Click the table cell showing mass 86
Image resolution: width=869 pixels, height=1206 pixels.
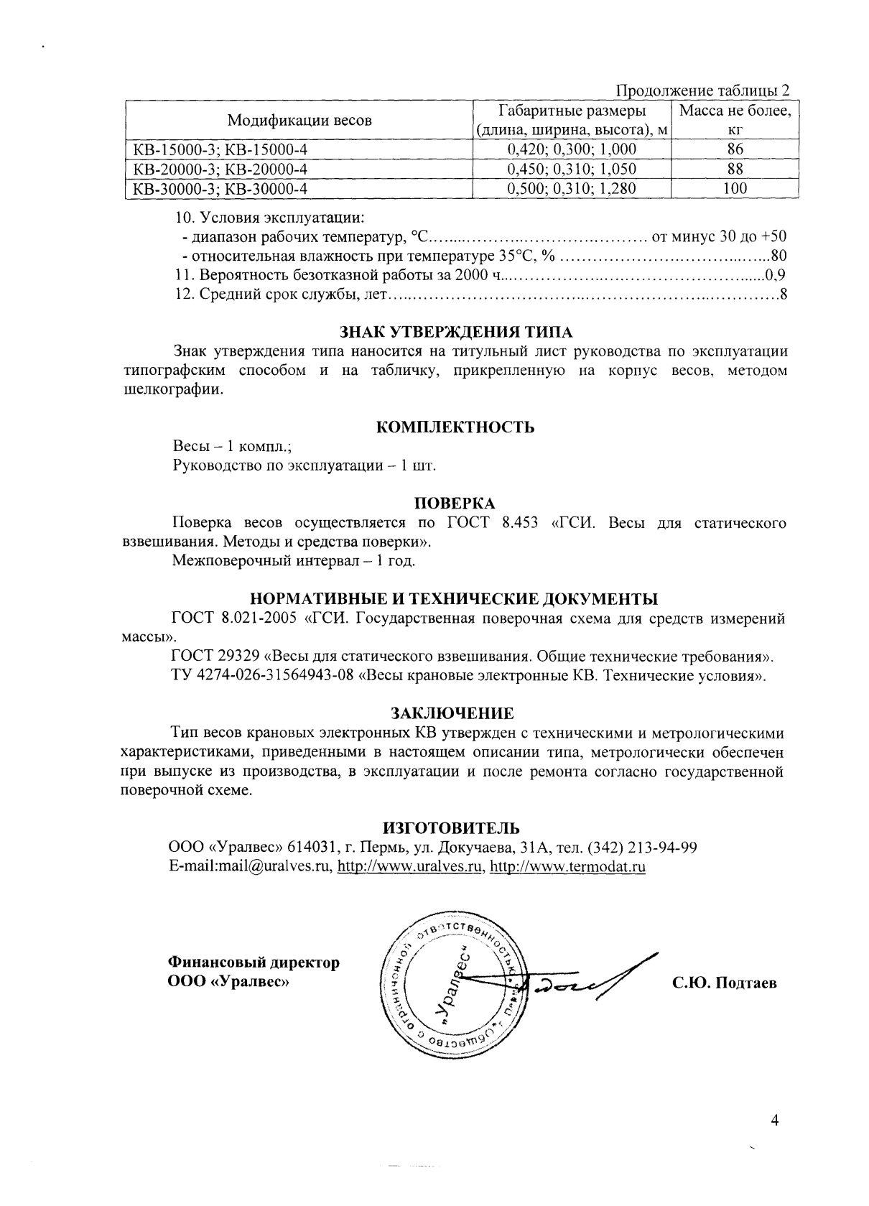(x=735, y=149)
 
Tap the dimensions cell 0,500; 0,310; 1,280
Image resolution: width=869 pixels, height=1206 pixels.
(x=572, y=188)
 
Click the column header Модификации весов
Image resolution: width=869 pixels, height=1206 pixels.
(x=299, y=121)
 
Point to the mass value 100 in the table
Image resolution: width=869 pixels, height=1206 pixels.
(x=735, y=188)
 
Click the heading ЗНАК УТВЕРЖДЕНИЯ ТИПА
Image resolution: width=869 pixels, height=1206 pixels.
(x=455, y=333)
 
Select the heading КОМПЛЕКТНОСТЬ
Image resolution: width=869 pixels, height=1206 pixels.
(x=455, y=427)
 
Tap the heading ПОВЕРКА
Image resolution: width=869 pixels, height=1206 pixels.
(x=455, y=504)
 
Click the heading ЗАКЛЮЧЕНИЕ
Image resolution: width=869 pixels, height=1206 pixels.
(x=452, y=714)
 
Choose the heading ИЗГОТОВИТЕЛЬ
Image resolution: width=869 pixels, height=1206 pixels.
(x=452, y=828)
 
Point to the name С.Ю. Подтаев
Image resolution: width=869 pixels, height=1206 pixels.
(x=724, y=983)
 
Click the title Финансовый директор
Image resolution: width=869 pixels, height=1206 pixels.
(x=254, y=962)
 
